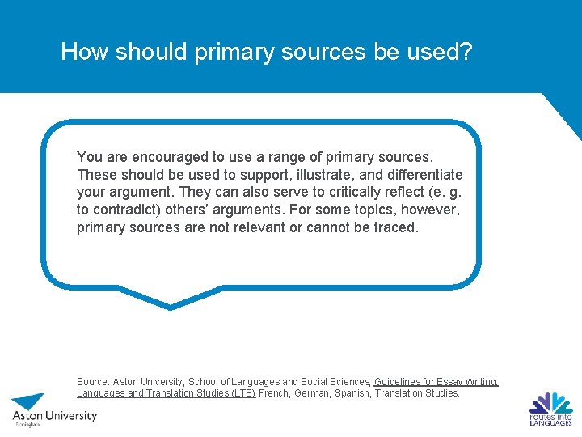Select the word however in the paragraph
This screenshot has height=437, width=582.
(432, 210)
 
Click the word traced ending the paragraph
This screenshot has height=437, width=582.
(395, 227)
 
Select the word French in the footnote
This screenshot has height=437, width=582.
(275, 393)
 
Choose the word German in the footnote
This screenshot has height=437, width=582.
(316, 393)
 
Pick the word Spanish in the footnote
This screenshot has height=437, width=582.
(361, 393)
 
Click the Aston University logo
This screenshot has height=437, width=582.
(53, 409)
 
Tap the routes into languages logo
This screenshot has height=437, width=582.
(550, 409)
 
